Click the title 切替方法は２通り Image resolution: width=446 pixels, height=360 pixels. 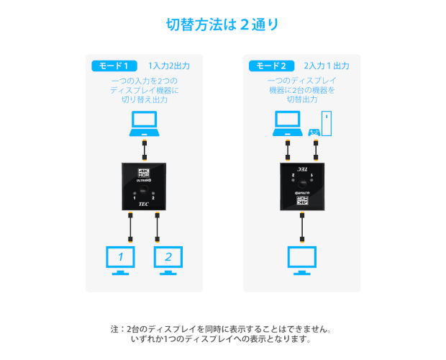(x=223, y=25)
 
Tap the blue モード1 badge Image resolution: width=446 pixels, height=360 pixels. (x=114, y=66)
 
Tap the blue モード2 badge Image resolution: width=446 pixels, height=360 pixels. (x=271, y=66)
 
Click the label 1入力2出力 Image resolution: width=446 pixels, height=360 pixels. (x=169, y=66)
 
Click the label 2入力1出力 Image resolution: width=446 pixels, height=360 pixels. (x=327, y=66)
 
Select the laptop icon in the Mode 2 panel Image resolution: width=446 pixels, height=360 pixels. (x=287, y=123)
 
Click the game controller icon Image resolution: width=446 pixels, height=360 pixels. (x=314, y=132)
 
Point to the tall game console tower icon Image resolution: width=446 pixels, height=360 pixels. (x=328, y=123)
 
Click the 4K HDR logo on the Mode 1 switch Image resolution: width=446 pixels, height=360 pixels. (x=145, y=174)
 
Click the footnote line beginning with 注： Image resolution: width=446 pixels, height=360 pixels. (x=223, y=328)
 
